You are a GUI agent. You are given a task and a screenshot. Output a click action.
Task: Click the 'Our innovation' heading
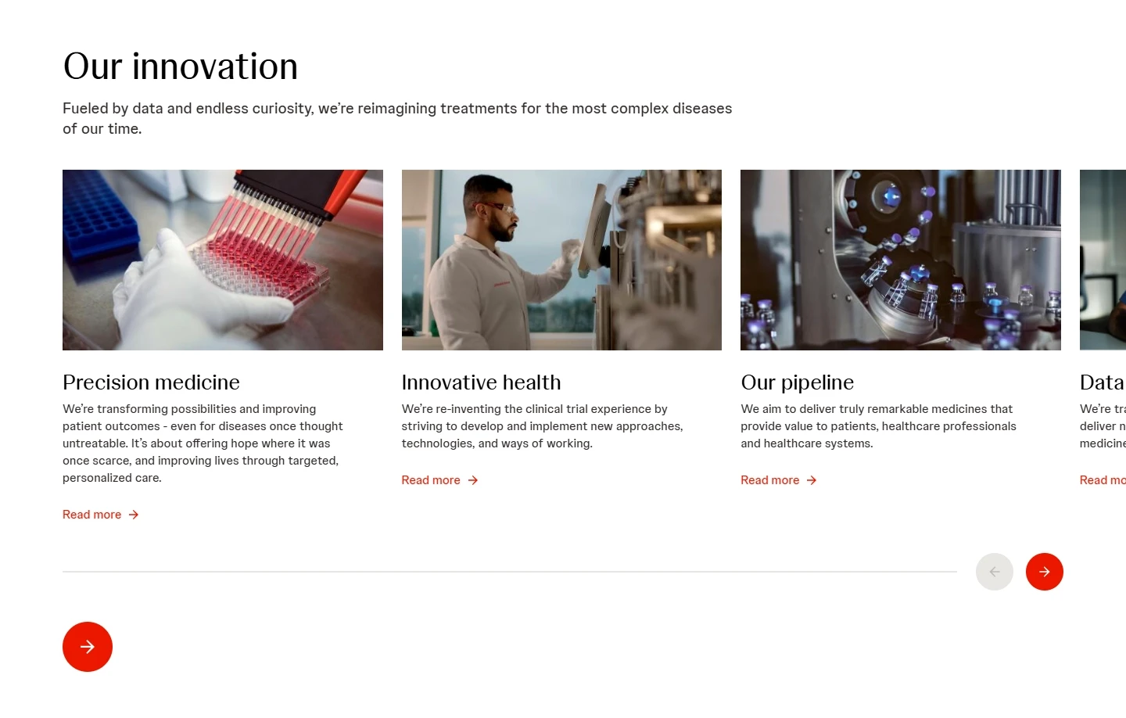(x=181, y=66)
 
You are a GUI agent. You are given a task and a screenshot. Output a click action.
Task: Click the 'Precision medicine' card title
(x=151, y=382)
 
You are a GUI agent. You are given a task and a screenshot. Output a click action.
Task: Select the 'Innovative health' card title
(x=481, y=382)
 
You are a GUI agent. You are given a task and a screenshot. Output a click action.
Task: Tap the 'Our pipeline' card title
(x=797, y=382)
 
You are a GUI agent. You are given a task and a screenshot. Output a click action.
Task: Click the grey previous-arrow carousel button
(x=994, y=572)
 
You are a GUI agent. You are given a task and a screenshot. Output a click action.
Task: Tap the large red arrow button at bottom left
(x=88, y=647)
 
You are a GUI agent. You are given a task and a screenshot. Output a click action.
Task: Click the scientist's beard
(x=504, y=231)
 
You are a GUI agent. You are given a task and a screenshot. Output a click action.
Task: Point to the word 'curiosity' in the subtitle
(x=282, y=109)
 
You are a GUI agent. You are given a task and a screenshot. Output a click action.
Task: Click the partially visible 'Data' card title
(x=1101, y=382)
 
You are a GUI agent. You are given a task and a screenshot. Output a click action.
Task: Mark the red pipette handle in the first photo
(x=344, y=192)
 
